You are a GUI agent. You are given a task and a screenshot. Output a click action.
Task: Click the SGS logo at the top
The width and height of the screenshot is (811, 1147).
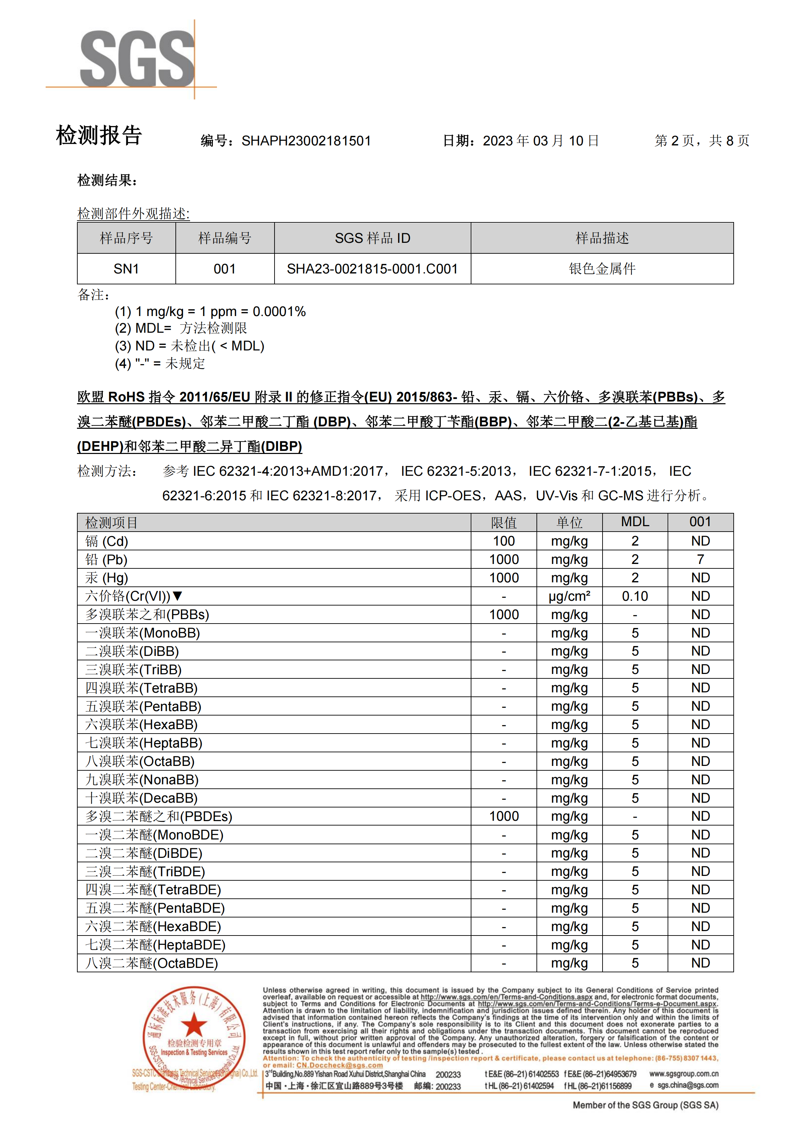(x=137, y=59)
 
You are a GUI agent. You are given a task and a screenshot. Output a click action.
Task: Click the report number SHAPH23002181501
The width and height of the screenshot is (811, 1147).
(x=306, y=141)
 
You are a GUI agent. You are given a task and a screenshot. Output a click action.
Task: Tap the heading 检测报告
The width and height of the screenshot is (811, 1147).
(x=99, y=136)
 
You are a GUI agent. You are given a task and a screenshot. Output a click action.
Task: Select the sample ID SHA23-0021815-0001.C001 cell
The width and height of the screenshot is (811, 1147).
(x=372, y=269)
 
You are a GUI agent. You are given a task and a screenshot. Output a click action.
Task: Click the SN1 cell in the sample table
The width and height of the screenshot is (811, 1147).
(x=126, y=269)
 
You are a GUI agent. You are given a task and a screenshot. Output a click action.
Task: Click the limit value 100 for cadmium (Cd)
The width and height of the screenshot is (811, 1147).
(x=504, y=541)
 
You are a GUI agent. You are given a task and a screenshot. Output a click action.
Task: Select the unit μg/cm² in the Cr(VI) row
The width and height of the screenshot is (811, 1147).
(x=569, y=596)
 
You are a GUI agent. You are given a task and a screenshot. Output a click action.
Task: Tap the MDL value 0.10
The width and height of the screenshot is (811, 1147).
(x=635, y=596)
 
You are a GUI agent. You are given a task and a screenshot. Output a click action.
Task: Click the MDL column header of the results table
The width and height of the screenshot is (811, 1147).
(x=635, y=522)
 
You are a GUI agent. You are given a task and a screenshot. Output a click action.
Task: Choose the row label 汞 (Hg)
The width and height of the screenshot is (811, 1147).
(x=106, y=578)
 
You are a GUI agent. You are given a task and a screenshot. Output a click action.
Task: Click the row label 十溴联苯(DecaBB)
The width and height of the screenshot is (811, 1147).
(x=141, y=798)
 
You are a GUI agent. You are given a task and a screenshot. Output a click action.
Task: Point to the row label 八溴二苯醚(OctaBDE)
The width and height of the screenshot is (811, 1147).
(x=152, y=963)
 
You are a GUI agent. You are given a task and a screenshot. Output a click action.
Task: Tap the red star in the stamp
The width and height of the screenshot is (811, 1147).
(x=194, y=1025)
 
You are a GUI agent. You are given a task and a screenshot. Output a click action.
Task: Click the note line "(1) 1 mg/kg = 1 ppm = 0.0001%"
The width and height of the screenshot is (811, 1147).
(x=210, y=312)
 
